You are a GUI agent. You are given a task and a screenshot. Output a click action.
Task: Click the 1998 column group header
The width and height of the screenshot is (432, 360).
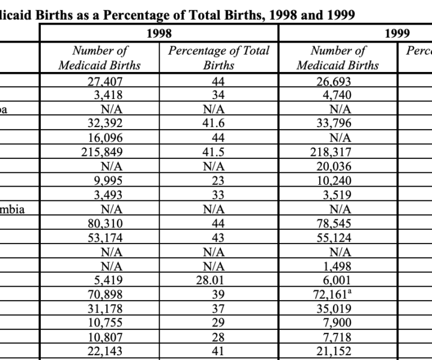159,34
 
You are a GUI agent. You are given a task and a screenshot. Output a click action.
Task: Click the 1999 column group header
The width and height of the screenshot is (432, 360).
397,34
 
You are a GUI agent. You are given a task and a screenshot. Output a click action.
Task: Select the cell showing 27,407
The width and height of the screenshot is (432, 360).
104,82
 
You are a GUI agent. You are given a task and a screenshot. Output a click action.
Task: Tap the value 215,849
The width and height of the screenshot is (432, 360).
101,152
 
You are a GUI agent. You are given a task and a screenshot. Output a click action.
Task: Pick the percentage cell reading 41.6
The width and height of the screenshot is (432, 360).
214,123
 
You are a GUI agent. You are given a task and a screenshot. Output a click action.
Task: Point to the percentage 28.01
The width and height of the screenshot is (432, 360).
210,280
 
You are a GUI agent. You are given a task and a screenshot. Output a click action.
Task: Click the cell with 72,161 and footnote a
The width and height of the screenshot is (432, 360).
332,295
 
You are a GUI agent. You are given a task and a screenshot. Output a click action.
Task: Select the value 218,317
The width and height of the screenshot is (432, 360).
331,152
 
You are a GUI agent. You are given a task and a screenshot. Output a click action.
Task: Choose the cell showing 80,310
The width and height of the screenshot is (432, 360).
105,223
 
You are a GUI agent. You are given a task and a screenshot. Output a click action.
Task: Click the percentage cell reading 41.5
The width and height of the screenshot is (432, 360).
214,152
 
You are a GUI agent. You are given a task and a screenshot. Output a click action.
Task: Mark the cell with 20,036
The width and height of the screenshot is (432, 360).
334,166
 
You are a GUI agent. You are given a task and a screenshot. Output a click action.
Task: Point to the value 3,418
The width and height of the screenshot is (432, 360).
108,95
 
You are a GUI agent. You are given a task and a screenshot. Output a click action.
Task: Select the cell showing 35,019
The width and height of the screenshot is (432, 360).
334,308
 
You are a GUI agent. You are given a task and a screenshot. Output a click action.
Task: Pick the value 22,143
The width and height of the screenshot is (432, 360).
104,351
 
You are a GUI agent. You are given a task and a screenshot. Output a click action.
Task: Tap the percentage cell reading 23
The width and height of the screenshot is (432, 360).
218,181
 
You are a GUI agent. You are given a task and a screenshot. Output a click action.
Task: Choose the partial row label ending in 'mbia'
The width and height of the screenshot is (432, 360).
12,209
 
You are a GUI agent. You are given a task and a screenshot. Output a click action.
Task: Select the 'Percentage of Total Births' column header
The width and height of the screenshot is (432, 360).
219,58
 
